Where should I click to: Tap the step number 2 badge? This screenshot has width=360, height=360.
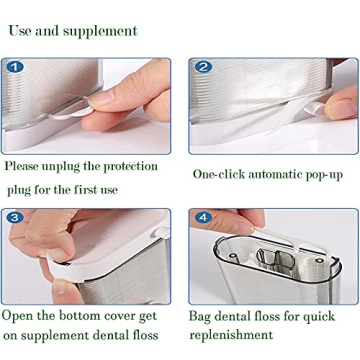(203, 68)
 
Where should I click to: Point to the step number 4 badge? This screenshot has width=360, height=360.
(203, 217)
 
